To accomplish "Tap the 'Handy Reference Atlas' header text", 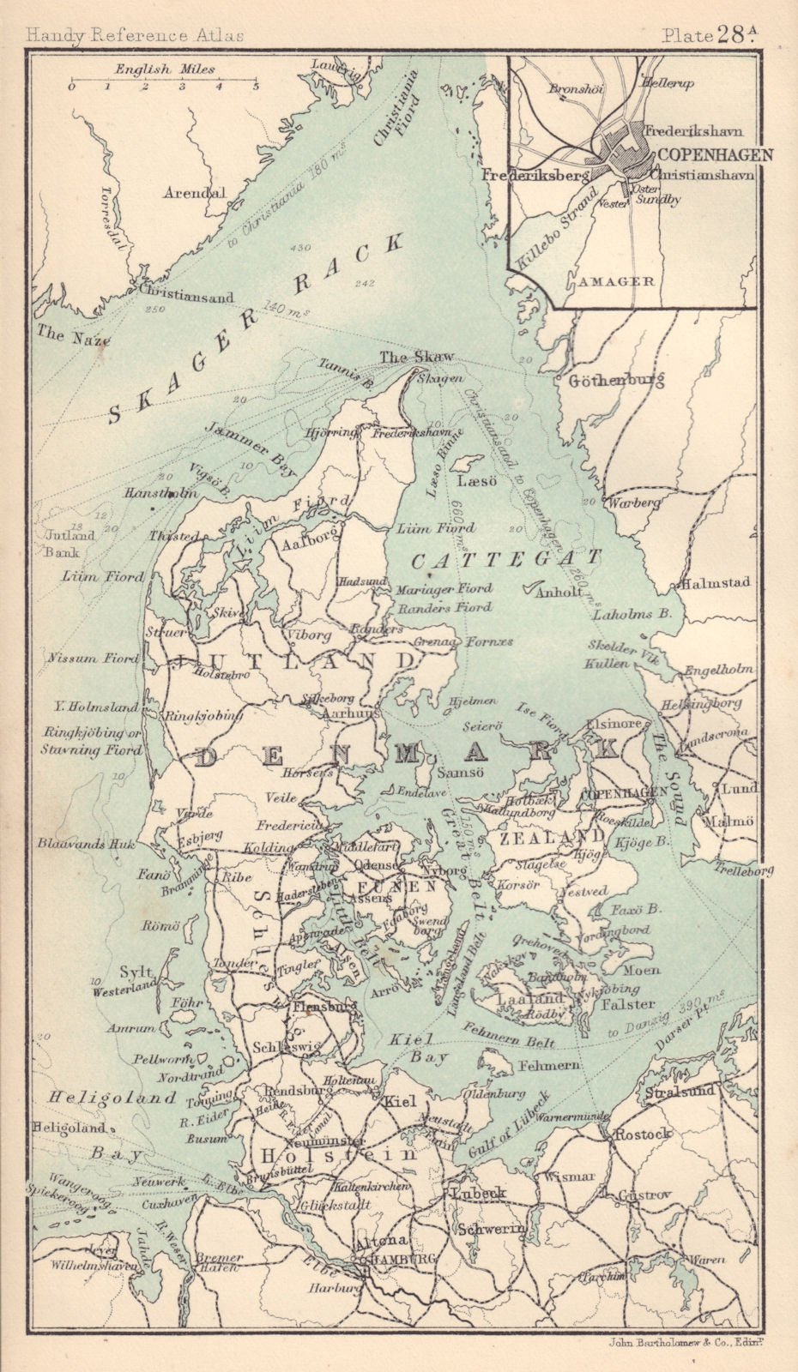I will pos(135,35).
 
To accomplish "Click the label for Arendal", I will pos(195,192).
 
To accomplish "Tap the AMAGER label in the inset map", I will pos(616,280).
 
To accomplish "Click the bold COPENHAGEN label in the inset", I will pos(716,155).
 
